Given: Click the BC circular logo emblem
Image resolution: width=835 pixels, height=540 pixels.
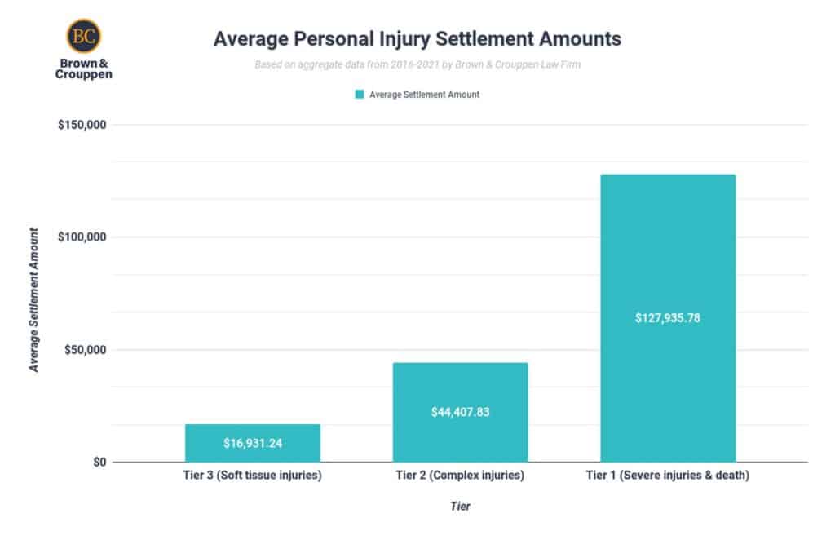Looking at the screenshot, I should pos(84,36).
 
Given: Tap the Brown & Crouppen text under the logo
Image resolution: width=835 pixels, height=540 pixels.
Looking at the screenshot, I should pos(84,68).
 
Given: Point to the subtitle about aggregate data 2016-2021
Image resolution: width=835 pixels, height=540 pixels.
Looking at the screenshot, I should pos(417,64).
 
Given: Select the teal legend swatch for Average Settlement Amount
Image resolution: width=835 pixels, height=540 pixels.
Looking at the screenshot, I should pos(359,95).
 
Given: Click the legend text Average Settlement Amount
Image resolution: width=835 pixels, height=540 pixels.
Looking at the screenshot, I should pos(424,95).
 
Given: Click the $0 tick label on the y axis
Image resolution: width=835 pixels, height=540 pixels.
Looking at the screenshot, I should pos(99,463).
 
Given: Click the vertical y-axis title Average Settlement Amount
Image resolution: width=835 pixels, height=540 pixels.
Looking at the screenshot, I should pos(34,299).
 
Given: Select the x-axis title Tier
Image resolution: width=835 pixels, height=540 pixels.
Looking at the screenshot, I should pos(461,507).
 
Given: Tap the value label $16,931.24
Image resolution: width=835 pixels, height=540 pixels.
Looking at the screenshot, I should pos(253,444).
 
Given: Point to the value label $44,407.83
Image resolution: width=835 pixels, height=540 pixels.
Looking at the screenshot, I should pos(461,412).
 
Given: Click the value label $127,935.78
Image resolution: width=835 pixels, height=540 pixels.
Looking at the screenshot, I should pos(668,318).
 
